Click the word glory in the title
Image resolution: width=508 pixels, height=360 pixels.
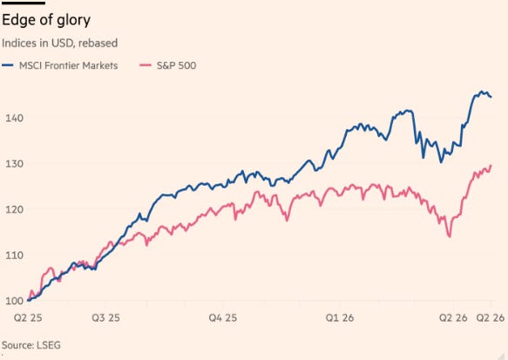73,20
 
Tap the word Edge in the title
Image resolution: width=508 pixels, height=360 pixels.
17,20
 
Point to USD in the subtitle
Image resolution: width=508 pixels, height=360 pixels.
62,43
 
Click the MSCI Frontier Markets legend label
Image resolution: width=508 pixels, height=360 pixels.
68,65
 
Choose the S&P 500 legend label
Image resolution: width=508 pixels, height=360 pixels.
176,65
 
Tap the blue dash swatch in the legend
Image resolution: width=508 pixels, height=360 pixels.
8,65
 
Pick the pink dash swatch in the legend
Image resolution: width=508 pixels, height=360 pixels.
146,65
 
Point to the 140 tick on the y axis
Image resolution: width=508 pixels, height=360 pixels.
14,118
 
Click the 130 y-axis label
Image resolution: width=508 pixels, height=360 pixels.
14,164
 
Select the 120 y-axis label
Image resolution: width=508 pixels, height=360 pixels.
14,209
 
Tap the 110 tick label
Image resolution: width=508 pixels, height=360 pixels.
14,255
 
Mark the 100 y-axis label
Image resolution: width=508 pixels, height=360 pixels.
14,301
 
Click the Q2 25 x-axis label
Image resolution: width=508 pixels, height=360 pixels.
28,317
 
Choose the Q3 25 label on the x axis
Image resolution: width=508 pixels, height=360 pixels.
106,317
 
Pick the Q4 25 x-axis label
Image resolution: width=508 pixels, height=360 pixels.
223,317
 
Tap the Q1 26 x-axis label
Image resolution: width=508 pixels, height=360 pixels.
340,317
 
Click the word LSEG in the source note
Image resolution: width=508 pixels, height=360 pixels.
49,345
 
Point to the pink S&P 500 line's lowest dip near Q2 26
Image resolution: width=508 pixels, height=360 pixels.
450,236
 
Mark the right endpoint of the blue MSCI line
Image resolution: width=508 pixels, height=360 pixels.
491,97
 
